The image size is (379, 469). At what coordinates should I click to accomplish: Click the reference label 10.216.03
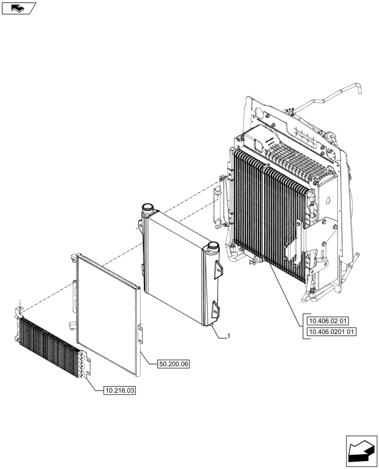coord(119,390)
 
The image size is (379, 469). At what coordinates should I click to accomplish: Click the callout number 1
coord(228,336)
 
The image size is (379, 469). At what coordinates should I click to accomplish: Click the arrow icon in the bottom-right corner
coord(361,450)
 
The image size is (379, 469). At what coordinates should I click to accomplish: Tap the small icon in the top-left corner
coord(18,8)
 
